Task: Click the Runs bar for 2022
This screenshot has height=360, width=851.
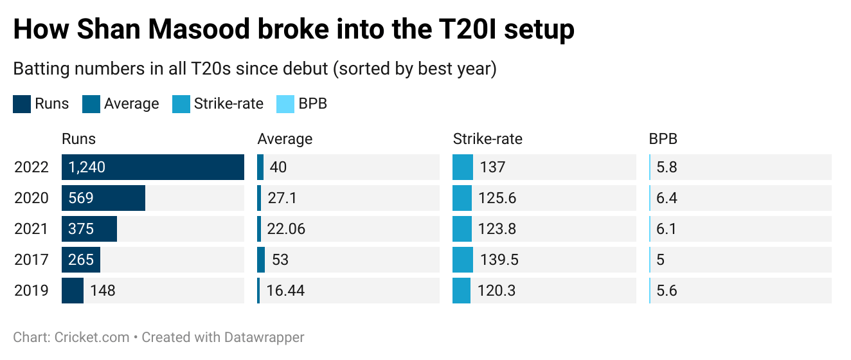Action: click(153, 167)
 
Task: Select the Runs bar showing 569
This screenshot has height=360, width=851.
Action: click(103, 198)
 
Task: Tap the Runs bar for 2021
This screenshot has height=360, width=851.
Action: click(89, 229)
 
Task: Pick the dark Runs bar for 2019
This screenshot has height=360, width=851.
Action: click(73, 291)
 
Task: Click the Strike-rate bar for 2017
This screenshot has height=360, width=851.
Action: click(462, 260)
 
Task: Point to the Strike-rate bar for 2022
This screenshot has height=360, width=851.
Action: click(462, 167)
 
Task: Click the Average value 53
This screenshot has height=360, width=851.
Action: click(280, 260)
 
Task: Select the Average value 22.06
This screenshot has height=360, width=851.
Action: click(286, 229)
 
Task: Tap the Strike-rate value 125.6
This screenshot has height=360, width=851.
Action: click(497, 198)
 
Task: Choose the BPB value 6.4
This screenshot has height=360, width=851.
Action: click(667, 198)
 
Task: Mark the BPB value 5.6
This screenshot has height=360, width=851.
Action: click(667, 291)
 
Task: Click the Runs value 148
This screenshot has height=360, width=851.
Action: click(103, 291)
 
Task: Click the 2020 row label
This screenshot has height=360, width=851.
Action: click(31, 198)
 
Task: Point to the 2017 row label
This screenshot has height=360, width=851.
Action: click(31, 260)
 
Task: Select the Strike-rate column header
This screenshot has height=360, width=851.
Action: click(487, 139)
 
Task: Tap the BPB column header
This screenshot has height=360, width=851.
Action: click(663, 139)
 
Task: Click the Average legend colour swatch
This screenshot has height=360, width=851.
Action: click(91, 104)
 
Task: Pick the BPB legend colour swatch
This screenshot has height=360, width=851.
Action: click(285, 104)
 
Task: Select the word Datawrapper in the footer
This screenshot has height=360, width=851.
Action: click(264, 337)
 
